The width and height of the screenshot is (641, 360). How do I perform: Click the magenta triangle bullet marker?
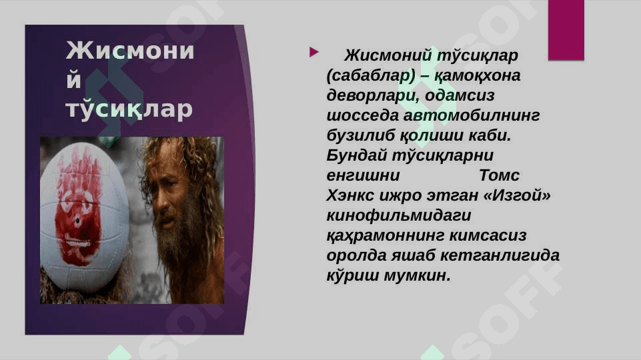pyautogui.click(x=313, y=52)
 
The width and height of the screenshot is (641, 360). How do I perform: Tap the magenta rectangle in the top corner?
pyautogui.click(x=566, y=30)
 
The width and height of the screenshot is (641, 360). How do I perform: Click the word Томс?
pyautogui.click(x=499, y=175)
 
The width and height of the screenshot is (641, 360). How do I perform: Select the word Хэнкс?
pyautogui.click(x=350, y=195)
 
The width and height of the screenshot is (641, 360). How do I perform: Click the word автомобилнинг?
pyautogui.click(x=472, y=115)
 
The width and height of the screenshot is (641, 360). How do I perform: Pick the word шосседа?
pyautogui.click(x=362, y=115)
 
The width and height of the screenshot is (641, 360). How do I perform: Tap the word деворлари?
pyautogui.click(x=373, y=96)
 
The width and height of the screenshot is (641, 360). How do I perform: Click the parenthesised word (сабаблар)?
pyautogui.click(x=371, y=76)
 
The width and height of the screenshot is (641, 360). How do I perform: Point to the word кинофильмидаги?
pyautogui.click(x=399, y=215)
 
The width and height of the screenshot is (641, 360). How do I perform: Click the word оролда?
pyautogui.click(x=356, y=255)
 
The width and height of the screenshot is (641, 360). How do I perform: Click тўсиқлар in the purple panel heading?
pyautogui.click(x=129, y=109)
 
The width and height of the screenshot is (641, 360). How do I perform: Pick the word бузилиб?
pyautogui.click(x=361, y=135)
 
